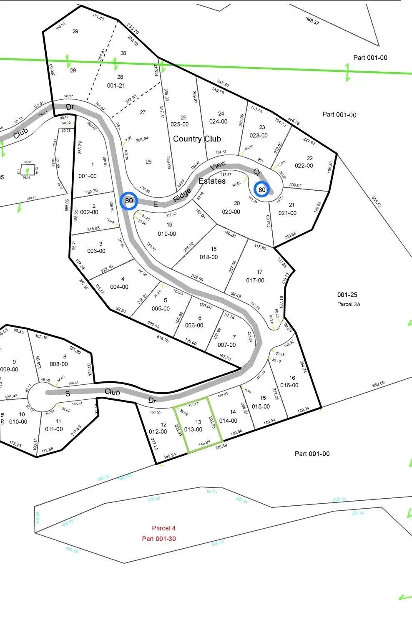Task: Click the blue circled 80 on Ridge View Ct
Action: [x=262, y=189]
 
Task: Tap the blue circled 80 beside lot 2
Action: [x=129, y=201]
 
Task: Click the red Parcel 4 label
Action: [x=163, y=528]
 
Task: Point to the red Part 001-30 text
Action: [x=159, y=538]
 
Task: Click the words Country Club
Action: [x=197, y=139]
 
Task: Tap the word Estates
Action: [x=212, y=181]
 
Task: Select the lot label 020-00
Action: [x=231, y=212]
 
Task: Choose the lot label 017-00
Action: [x=255, y=280]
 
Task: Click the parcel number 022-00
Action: [x=304, y=166]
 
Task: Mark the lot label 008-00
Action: [x=59, y=364]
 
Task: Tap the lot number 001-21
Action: [x=116, y=86]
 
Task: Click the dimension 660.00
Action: [x=378, y=383]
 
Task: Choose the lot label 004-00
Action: [x=119, y=287]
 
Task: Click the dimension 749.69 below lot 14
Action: [x=221, y=447]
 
